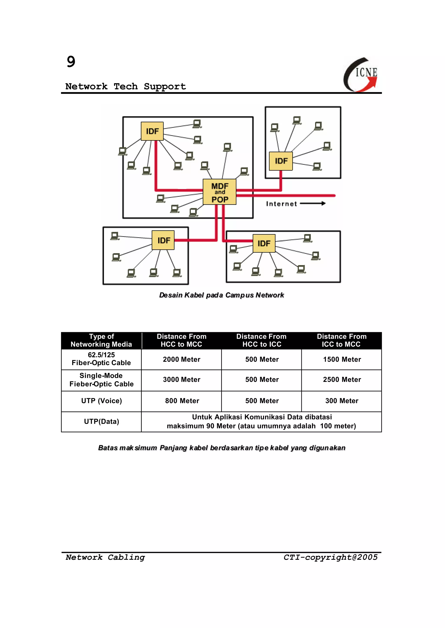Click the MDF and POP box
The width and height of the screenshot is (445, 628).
[219, 192]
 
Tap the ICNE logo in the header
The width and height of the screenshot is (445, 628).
[361, 74]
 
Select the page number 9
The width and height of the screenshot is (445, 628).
[71, 62]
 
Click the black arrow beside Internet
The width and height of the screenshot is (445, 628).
[313, 203]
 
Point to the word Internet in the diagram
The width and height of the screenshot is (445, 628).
[281, 204]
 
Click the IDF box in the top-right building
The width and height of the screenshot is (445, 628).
[281, 161]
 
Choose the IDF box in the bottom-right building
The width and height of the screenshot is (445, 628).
[264, 243]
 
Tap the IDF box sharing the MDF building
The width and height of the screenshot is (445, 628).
[152, 131]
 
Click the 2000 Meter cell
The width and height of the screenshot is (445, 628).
[181, 359]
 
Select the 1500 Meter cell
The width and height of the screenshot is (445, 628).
[342, 359]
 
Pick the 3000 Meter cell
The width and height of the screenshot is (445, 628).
[181, 380]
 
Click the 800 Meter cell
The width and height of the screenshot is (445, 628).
[182, 401]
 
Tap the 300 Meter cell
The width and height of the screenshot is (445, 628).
[342, 401]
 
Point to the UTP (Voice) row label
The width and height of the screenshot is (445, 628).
[101, 401]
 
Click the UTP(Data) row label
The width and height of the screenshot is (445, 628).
[101, 422]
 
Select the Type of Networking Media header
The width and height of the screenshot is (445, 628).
[101, 340]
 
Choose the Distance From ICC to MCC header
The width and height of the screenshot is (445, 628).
[341, 340]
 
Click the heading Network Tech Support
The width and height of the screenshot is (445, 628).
[126, 87]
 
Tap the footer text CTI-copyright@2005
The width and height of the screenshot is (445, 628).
[330, 557]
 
